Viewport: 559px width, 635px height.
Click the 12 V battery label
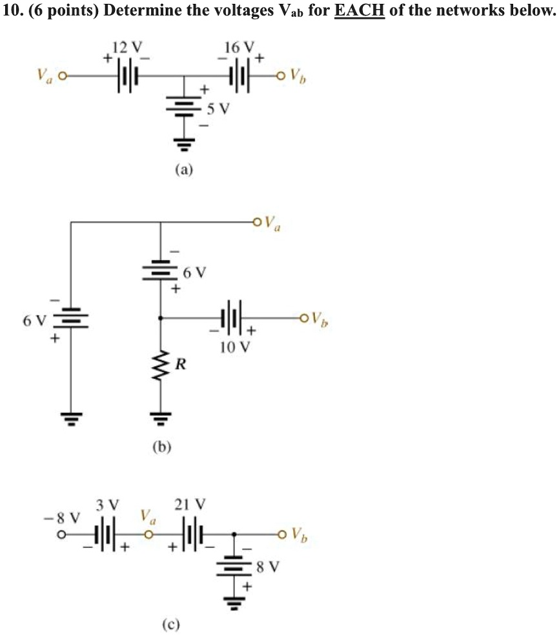click(127, 47)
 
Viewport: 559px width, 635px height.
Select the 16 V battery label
click(239, 47)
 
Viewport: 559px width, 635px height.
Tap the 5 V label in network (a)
click(218, 108)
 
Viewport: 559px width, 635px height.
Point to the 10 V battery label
click(235, 347)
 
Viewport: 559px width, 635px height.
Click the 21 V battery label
click(190, 505)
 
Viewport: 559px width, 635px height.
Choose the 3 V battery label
click(108, 505)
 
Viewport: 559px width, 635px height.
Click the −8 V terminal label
click(62, 518)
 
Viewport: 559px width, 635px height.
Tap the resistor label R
click(181, 365)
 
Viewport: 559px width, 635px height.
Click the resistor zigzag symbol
click(161, 366)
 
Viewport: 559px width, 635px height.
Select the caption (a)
click(185, 169)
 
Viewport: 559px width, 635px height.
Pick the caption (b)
click(162, 447)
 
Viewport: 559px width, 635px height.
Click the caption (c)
click(170, 625)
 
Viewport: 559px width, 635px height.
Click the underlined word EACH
click(360, 10)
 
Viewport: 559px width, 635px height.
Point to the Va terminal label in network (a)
click(45, 74)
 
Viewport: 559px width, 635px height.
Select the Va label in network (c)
click(148, 516)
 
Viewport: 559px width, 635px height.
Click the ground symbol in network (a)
click(185, 143)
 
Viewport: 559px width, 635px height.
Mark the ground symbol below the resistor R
click(161, 418)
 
